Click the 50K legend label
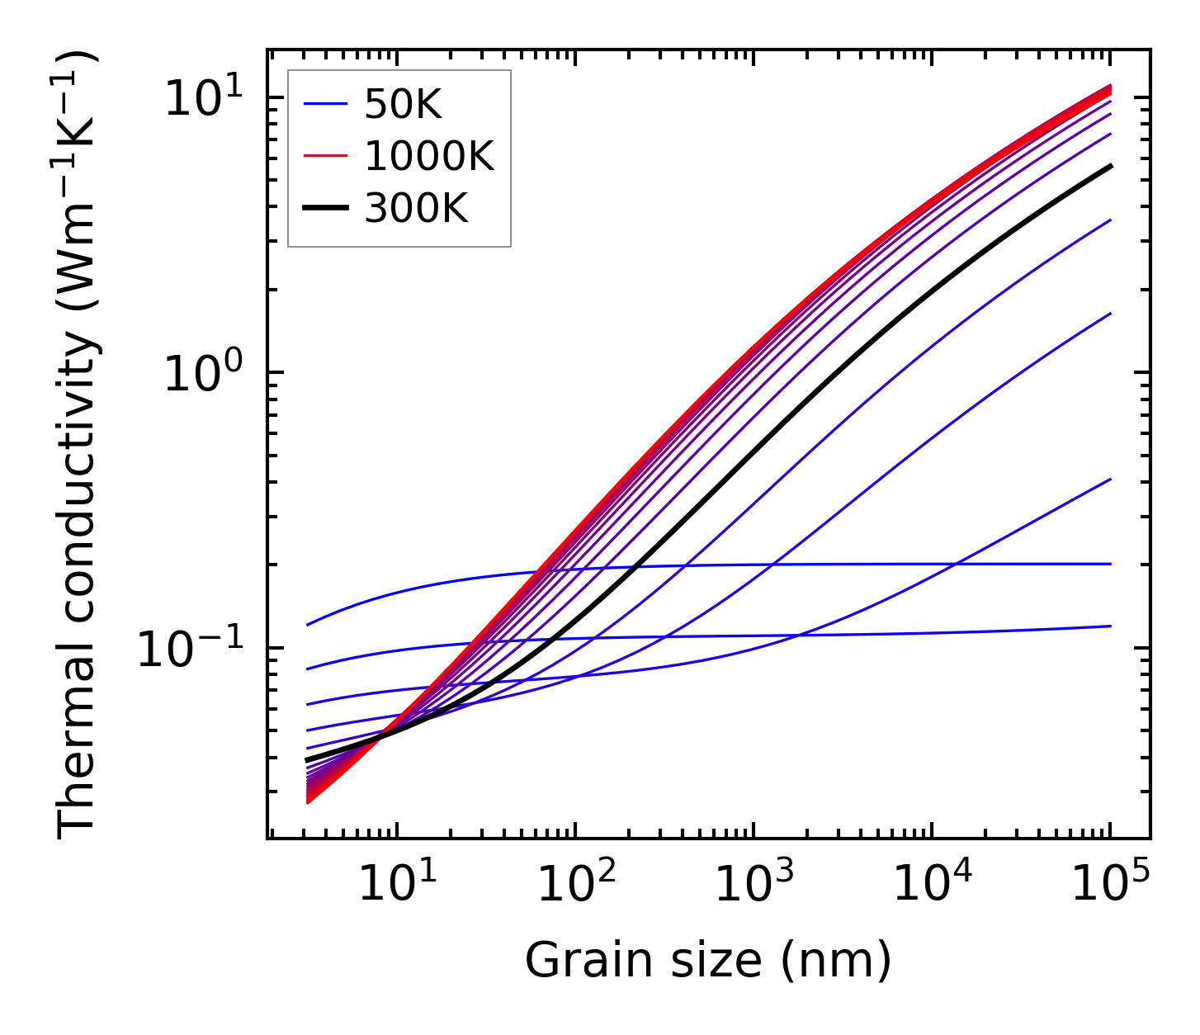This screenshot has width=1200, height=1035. pos(404,105)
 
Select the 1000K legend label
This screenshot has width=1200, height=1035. pos(429,157)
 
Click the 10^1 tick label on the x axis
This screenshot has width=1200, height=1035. pos(396,885)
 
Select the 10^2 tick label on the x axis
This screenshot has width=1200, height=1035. pos(574,885)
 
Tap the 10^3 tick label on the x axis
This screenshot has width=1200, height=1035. pos(753,885)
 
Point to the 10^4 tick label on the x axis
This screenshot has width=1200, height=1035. pos(931,885)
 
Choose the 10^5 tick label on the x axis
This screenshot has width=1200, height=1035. pos(1109,885)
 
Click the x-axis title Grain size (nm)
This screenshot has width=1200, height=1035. pos(708,961)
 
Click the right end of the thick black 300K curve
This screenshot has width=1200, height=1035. pos(1111,166)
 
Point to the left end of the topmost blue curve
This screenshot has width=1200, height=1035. pos(307,625)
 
